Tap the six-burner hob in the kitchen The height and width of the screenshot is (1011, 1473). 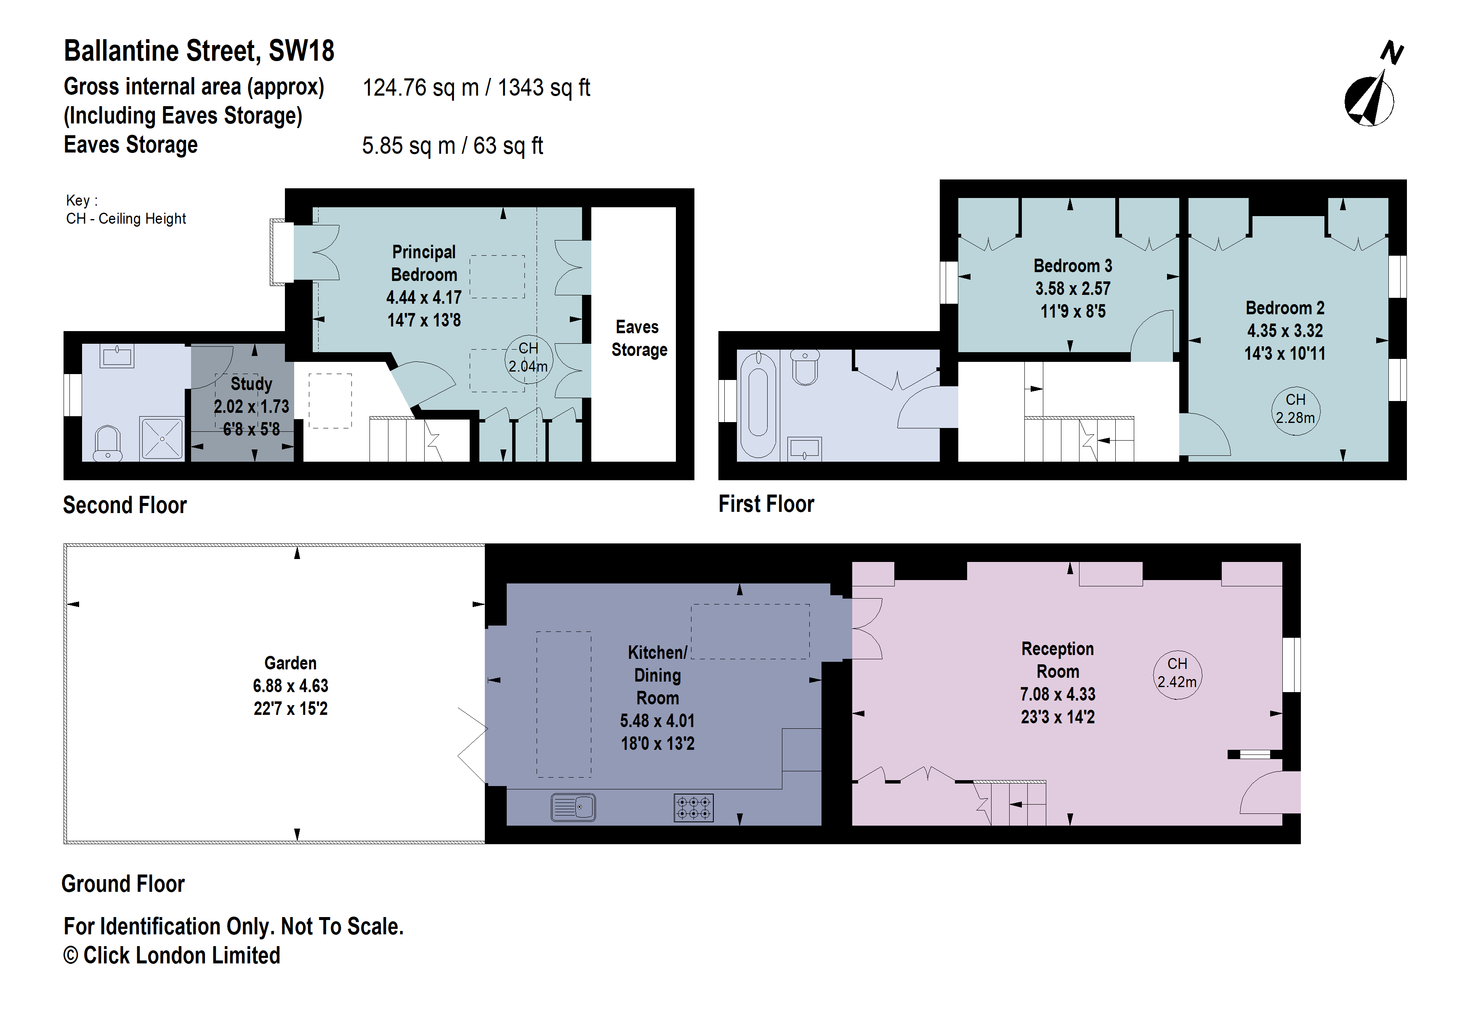tap(694, 808)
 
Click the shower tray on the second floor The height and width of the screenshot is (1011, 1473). tap(162, 438)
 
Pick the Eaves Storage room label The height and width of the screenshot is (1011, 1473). tap(638, 338)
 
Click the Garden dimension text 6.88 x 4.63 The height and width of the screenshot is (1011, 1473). tap(290, 686)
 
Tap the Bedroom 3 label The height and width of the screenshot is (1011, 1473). tap(1072, 266)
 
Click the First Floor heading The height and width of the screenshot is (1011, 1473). tap(766, 504)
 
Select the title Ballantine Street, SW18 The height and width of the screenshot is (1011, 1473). tap(199, 51)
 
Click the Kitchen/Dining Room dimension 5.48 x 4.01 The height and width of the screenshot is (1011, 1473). tap(657, 720)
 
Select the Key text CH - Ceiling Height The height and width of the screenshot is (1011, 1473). tap(126, 219)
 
